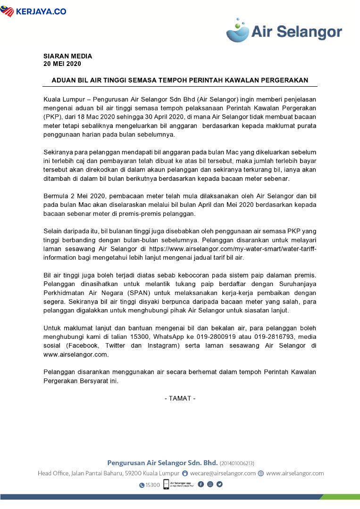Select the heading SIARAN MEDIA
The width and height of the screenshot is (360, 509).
click(67, 56)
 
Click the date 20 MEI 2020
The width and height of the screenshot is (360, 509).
click(62, 64)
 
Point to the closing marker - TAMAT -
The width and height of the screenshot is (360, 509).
click(180, 398)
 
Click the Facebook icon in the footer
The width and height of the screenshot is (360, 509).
click(201, 484)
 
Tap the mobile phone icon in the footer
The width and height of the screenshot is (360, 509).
click(166, 484)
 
